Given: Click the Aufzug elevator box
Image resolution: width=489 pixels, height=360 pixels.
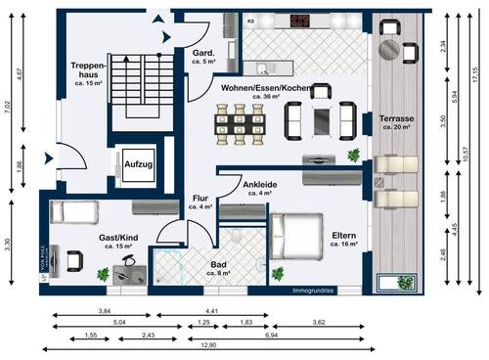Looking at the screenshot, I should point(137,165).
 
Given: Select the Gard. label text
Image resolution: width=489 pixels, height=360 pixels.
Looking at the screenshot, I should point(203,55).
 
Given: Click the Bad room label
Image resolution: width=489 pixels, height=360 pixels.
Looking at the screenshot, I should point(221,267).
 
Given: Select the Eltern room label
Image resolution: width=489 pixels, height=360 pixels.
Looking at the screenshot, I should point(343,237).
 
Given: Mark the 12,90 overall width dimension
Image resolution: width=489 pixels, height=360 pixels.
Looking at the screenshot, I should point(233,345).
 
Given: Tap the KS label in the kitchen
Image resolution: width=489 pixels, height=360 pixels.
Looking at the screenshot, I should point(250,20).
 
